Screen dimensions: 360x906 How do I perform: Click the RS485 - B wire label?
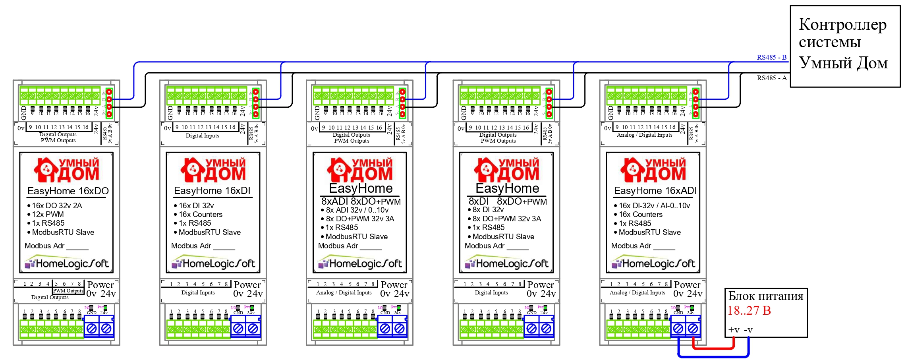[x=771, y=57]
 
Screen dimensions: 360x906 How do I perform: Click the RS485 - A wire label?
[x=771, y=78]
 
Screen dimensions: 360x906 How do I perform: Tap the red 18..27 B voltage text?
[x=749, y=310]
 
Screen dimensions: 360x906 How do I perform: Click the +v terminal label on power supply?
[x=734, y=330]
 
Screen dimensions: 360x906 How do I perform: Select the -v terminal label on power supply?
[x=748, y=330]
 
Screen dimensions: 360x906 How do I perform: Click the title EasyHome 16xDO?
[x=68, y=191]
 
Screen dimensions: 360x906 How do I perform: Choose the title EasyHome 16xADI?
[x=655, y=191]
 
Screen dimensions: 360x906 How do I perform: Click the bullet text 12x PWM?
[x=48, y=214]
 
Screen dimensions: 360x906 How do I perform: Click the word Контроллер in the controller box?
[x=842, y=25]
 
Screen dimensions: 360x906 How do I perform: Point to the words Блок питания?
[x=765, y=296]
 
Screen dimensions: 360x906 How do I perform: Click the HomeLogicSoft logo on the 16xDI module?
[x=213, y=263]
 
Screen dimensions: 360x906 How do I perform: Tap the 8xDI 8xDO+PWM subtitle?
[x=507, y=201]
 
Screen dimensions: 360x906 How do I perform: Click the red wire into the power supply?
[x=713, y=348]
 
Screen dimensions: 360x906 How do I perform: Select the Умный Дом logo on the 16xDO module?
[x=66, y=170]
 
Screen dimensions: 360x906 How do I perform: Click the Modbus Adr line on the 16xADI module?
[x=643, y=246]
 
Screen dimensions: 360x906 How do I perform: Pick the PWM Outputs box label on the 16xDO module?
[x=68, y=291]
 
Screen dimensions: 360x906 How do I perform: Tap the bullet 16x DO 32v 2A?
[x=57, y=205]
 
